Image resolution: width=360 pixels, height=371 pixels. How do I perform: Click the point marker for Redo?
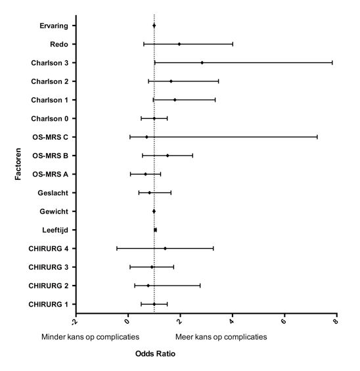coord(179,44)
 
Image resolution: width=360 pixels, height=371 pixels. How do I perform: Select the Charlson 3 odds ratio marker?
coord(202,62)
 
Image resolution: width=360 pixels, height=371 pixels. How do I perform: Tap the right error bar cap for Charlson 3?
coord(332,62)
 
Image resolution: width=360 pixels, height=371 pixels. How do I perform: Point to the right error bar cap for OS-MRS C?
coord(317,137)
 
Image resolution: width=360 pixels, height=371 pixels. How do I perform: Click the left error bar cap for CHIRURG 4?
coord(117,248)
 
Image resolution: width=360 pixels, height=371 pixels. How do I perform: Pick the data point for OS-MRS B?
coord(168,156)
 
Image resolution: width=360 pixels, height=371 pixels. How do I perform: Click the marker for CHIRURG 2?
coord(148,286)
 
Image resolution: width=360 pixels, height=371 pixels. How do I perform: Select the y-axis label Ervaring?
coord(54,26)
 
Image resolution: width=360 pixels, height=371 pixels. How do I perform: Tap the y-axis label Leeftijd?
coord(55,230)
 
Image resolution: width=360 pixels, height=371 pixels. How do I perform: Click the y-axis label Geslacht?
coord(53,193)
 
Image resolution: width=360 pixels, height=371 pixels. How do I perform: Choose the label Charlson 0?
coord(50,119)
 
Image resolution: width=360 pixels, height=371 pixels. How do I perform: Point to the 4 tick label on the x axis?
coord(232,321)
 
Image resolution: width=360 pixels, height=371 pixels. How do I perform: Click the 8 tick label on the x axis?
coord(336,321)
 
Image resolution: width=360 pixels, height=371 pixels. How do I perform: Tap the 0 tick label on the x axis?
coord(127,321)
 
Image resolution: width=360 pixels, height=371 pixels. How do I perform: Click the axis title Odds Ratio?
coord(155,354)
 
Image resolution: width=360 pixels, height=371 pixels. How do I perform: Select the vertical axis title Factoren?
coord(18,164)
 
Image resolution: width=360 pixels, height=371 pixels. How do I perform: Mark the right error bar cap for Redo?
coord(233,44)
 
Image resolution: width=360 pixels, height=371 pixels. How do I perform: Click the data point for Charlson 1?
coord(175,100)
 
